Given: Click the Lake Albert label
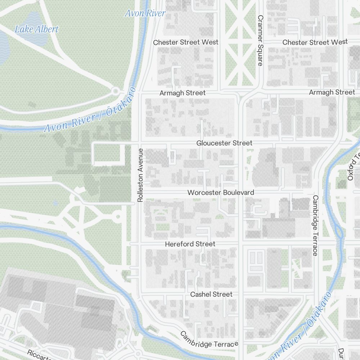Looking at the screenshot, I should click(x=36, y=29).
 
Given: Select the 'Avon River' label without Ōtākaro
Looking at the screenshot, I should click(x=145, y=13).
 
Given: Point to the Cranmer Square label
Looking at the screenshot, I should click(x=261, y=40).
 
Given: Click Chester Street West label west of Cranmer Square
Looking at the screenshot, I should click(x=186, y=42).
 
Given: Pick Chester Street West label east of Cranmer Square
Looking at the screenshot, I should click(x=315, y=42).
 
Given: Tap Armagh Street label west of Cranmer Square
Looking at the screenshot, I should click(x=183, y=93).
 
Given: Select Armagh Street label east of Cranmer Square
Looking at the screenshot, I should click(x=332, y=93).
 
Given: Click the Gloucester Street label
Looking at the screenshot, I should click(x=224, y=143).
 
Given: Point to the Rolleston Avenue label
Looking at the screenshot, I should click(x=140, y=175).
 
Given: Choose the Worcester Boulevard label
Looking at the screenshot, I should click(x=221, y=193).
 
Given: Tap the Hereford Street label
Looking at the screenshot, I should click(x=190, y=244).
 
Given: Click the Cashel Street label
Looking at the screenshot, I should click(x=211, y=294).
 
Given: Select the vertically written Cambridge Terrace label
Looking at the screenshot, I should click(x=315, y=225).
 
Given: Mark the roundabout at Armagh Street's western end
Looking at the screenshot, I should click(x=115, y=91).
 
